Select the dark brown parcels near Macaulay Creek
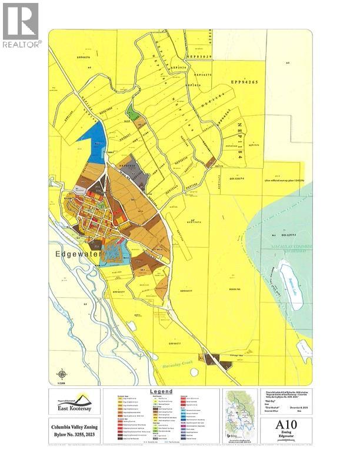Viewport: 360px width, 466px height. coord(211,358)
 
